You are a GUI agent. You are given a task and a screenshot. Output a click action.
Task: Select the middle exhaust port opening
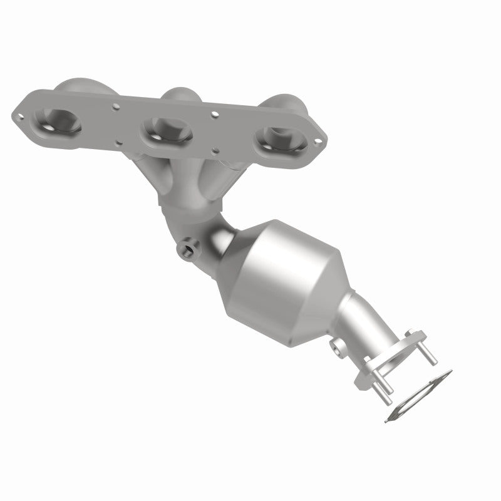pos(166,128)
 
